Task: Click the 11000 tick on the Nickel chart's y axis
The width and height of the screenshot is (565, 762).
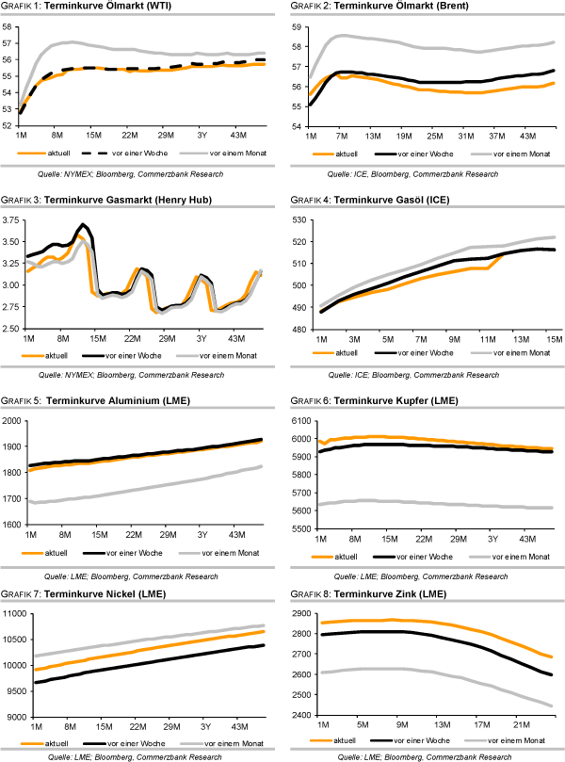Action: tap(16, 614)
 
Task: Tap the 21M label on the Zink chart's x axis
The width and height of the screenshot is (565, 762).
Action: tap(521, 727)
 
